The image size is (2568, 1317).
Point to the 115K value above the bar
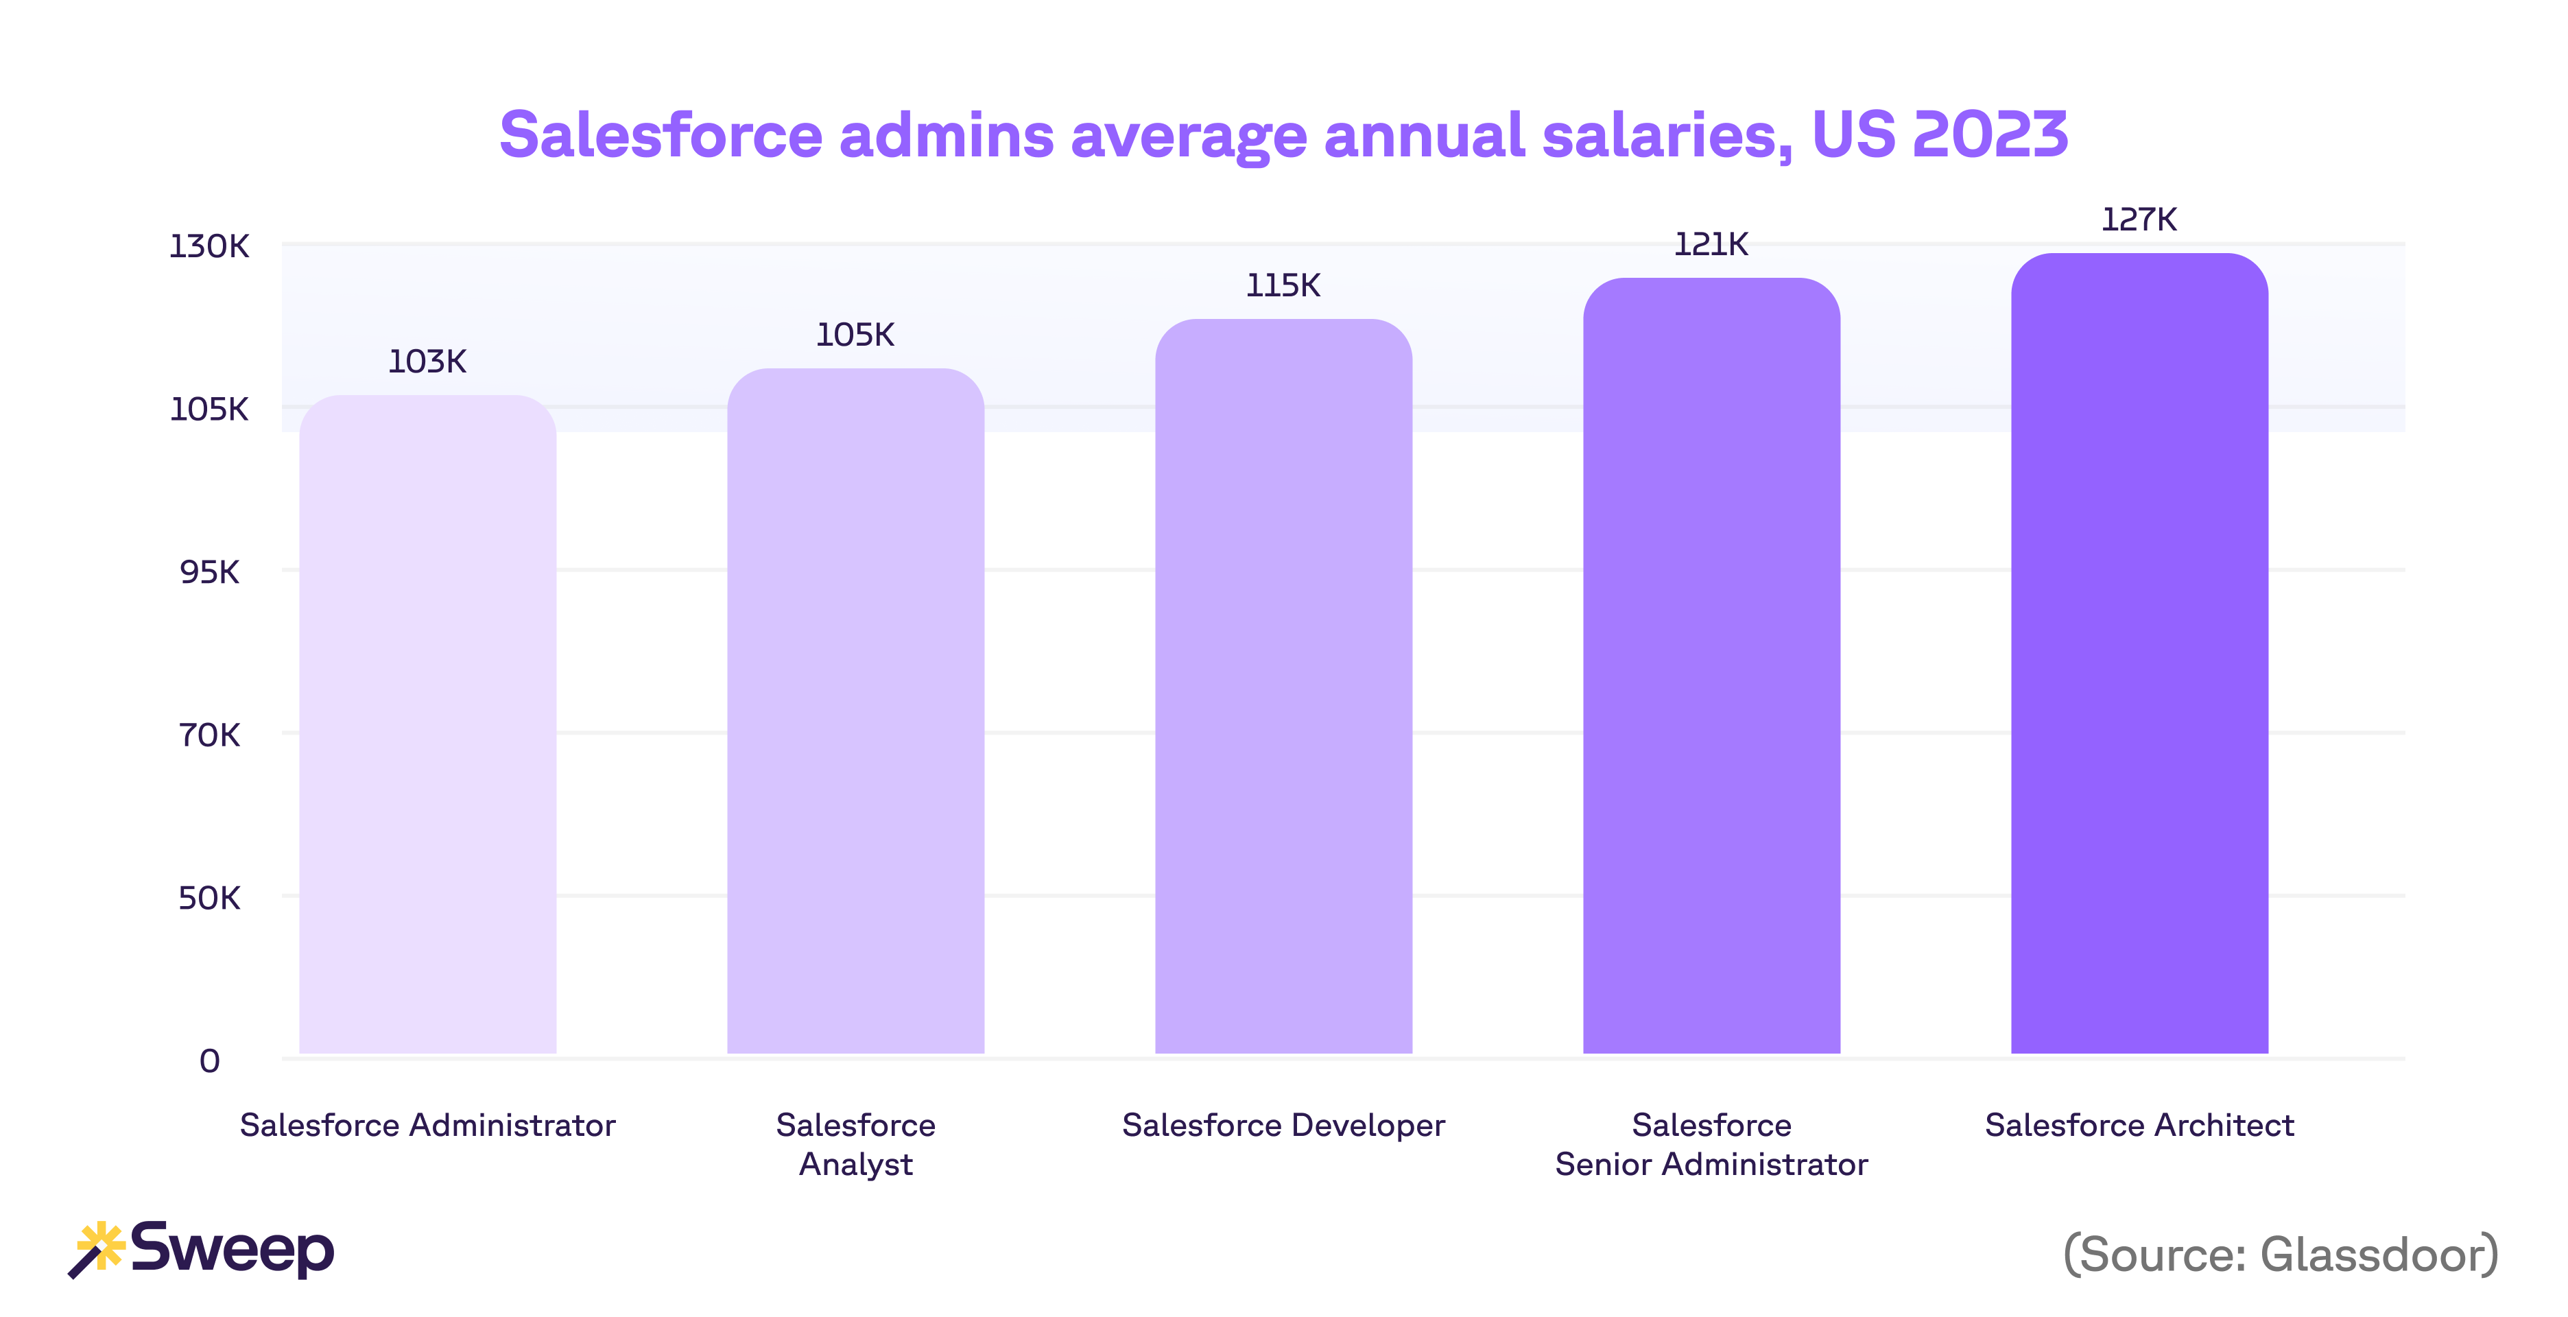[1283, 286]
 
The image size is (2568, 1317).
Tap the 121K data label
[1711, 244]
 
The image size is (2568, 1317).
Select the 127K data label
[2139, 219]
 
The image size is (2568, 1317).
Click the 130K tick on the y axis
[209, 246]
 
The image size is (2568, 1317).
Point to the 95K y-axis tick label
[209, 572]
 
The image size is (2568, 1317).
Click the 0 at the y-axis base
[209, 1060]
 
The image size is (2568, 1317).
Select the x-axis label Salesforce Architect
[2139, 1126]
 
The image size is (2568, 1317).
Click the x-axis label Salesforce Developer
[1283, 1126]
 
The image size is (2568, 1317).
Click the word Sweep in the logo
[233, 1249]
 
